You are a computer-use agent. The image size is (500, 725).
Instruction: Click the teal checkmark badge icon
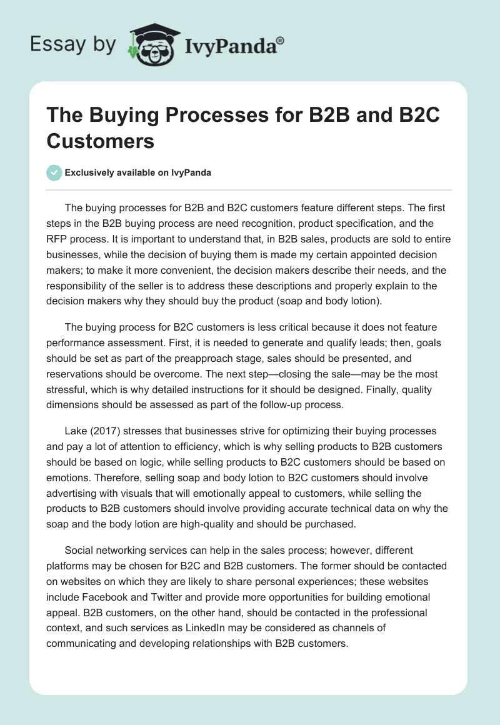pyautogui.click(x=54, y=172)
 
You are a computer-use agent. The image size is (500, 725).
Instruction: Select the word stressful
pyautogui.click(x=68, y=389)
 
